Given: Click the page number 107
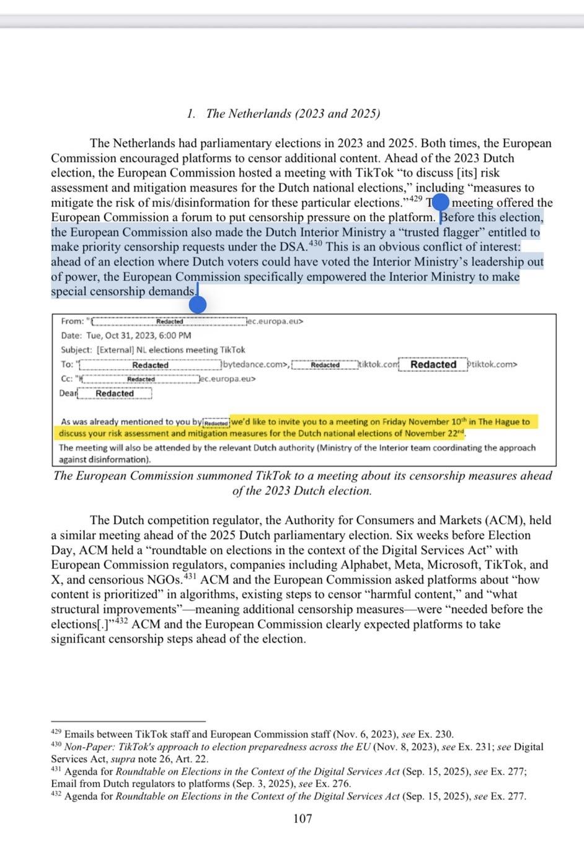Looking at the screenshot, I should [x=303, y=819].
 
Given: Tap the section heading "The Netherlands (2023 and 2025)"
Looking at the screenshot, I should [x=293, y=113].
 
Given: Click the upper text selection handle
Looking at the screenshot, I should [x=440, y=202].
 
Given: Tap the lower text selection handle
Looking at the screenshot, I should [x=197, y=304].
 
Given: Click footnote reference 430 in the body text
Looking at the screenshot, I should [x=316, y=244].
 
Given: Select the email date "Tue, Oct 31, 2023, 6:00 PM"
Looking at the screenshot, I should [x=138, y=335].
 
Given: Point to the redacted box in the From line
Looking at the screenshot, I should [x=169, y=321].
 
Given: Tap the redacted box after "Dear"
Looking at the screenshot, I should [x=115, y=393].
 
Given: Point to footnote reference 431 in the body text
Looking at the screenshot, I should [x=190, y=577].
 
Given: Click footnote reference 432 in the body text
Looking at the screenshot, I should [x=121, y=621].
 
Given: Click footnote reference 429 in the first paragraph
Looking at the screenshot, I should [x=415, y=199].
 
